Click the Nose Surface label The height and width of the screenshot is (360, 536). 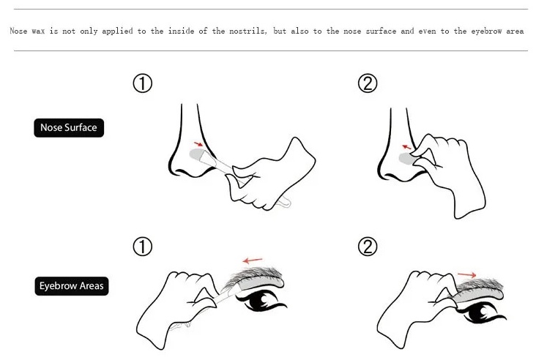click(69, 128)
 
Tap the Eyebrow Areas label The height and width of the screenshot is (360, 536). click(72, 286)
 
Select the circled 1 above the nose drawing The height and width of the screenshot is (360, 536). click(143, 83)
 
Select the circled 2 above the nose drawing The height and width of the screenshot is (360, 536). click(368, 83)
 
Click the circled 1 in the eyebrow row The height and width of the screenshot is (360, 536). click(143, 247)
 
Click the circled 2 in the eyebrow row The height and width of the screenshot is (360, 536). click(368, 247)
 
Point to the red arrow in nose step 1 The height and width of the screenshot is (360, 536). click(198, 144)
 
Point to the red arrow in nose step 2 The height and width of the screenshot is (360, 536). click(407, 147)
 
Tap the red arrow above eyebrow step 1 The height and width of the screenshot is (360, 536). click(253, 261)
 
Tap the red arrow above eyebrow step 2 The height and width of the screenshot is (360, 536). click(467, 274)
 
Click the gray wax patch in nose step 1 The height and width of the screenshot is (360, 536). click(196, 154)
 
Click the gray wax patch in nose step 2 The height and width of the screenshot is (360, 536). click(406, 159)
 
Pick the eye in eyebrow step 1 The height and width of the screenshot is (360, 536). click(263, 301)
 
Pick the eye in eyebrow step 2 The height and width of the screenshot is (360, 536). click(481, 312)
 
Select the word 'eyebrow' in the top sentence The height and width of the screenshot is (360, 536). click(486, 31)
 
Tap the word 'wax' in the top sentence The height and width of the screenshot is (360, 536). click(38, 31)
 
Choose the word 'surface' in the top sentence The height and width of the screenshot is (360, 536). click(381, 31)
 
